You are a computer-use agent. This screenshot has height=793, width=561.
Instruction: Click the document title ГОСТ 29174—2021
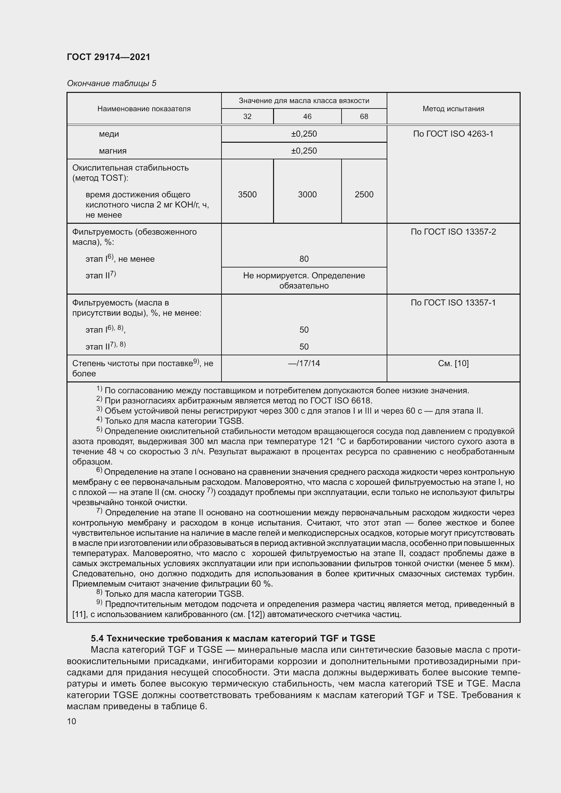point(109,57)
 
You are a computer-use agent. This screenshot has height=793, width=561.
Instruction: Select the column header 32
point(247,116)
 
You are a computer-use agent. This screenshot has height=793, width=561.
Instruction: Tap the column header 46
point(307,116)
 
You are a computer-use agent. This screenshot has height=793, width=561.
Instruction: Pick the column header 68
point(364,116)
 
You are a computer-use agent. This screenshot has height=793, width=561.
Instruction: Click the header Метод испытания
point(453,109)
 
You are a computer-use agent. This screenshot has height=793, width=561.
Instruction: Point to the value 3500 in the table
point(247,195)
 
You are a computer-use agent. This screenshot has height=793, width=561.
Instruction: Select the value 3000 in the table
point(307,195)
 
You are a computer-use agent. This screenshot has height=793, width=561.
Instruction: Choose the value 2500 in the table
point(364,195)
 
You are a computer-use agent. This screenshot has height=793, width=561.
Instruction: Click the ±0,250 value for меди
point(304,134)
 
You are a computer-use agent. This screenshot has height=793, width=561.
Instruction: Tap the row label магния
point(113,151)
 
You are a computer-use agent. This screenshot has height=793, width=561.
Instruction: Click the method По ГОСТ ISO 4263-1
point(453,134)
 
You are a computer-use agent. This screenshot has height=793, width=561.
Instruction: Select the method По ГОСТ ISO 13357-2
point(453,232)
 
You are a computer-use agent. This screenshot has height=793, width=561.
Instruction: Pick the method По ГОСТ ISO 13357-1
point(453,302)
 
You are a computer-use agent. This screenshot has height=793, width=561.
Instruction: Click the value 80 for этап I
point(304,259)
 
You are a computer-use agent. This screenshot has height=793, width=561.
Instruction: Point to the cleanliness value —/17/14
point(304,363)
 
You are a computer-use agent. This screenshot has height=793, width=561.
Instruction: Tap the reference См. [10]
point(453,363)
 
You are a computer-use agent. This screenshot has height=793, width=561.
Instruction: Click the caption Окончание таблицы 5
point(112,83)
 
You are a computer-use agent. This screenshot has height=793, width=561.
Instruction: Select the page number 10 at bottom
point(72,721)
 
